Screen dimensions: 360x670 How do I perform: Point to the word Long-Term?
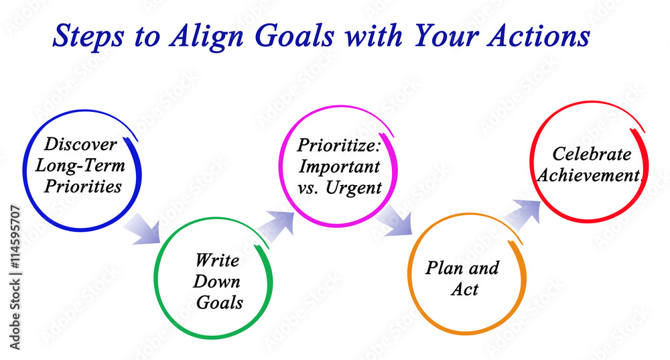[x=80, y=165]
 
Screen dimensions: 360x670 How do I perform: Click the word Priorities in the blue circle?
[x=83, y=186]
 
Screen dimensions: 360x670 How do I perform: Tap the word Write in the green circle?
[x=217, y=259]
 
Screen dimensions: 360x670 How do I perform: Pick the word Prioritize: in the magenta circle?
[x=339, y=144]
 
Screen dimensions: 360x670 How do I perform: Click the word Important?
[x=339, y=165]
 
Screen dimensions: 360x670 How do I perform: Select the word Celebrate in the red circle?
[x=592, y=154]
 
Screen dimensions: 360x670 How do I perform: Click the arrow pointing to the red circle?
[x=522, y=213]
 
